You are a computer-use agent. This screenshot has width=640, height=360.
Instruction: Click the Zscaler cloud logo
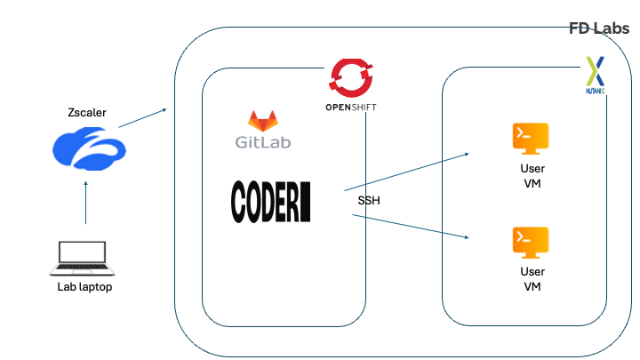pos(89,148)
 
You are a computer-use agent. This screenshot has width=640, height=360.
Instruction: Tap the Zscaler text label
pos(87,112)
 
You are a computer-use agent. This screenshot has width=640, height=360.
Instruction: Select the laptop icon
pos(83,259)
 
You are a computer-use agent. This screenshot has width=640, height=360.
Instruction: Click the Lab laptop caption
pos(84,287)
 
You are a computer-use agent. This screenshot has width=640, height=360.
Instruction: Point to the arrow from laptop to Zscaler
pos(85,203)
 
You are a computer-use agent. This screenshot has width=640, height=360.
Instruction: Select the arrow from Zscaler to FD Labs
pos(143,118)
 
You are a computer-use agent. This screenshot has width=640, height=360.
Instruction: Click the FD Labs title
pos(599,28)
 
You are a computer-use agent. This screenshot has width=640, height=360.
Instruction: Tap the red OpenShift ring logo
pos(351,78)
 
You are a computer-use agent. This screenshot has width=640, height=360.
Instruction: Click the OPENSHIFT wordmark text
pos(351,108)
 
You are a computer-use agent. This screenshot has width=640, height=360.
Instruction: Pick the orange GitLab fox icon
pos(263,121)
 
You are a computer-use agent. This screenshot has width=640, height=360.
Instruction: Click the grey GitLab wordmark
pos(263,142)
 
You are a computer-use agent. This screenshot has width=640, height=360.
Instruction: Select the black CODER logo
pos(270,202)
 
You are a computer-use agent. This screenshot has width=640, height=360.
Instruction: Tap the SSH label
pos(369,200)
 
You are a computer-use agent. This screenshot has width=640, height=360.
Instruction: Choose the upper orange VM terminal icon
pos(531,139)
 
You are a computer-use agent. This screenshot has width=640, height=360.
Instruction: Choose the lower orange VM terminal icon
pos(531,243)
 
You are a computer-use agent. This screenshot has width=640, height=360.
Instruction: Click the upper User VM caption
pos(532,176)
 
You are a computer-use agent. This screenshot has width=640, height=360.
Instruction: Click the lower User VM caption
pos(532,279)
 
